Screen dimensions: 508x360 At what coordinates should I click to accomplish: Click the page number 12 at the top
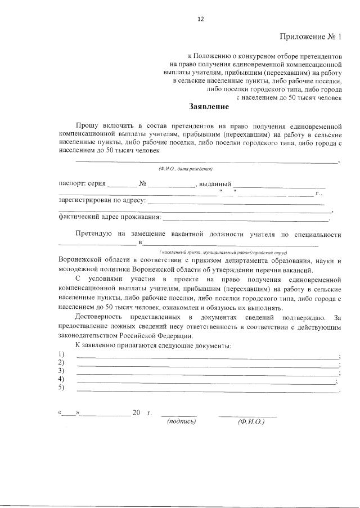[x=200, y=19]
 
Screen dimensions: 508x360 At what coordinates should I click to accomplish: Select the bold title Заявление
[x=209, y=106]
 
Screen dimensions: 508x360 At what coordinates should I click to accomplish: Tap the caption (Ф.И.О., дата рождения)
[x=185, y=169]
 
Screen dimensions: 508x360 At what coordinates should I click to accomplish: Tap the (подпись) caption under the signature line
[x=181, y=421]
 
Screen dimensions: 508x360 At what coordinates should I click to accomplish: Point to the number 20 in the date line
[x=136, y=413]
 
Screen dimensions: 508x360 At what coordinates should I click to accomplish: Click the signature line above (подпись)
[x=178, y=416]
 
